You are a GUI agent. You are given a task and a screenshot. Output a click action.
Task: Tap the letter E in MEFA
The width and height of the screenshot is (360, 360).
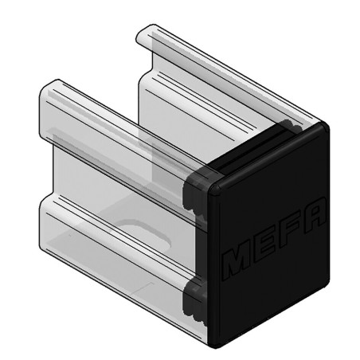(x=265, y=244)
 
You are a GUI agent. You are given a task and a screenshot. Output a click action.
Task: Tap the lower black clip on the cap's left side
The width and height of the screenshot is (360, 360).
(x=194, y=298)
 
